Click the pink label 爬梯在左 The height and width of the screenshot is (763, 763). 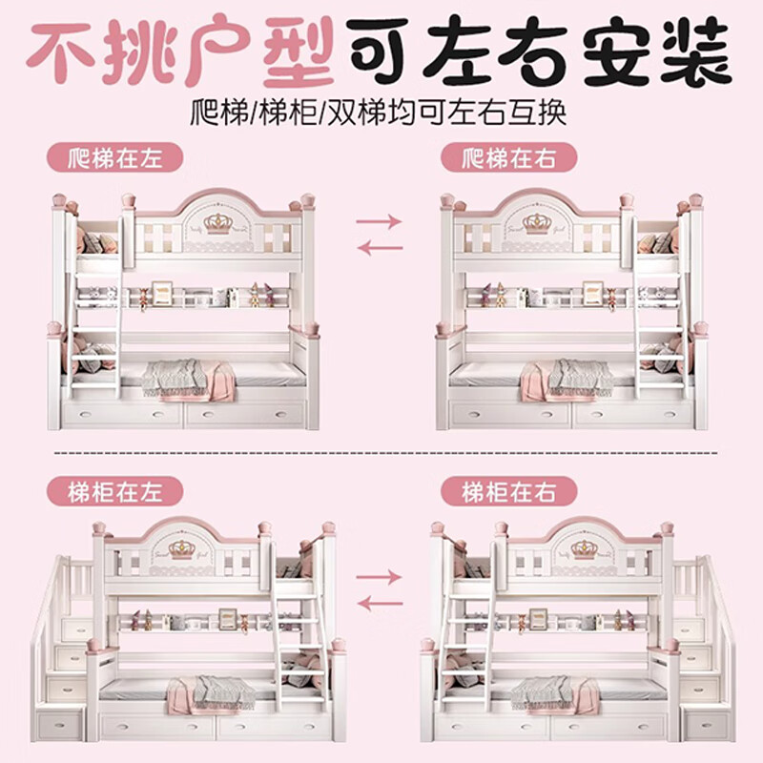coord(114,157)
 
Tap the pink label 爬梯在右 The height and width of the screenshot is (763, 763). coord(509,157)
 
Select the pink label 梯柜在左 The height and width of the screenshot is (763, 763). coord(114,491)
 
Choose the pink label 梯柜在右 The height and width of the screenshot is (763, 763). coord(509,491)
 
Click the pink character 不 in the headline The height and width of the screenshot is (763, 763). coord(60,52)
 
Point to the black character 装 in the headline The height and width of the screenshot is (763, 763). coord(696,51)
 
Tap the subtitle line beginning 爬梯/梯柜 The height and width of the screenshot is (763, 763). coord(378,113)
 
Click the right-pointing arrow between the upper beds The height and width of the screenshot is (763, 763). coord(379,222)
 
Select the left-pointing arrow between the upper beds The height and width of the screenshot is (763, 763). coord(380,248)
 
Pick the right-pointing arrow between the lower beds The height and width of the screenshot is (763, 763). coord(379,578)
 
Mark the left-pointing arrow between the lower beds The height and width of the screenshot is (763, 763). coord(380,604)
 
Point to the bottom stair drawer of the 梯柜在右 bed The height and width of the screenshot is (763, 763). coord(707,724)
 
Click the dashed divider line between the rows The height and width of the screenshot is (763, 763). coord(385,453)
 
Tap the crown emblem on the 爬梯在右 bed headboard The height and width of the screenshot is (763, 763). coord(537,224)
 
